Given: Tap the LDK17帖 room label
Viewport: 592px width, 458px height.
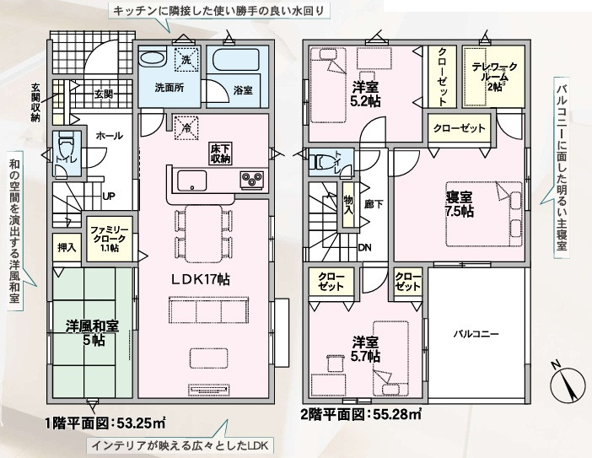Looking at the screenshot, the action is coord(202,279).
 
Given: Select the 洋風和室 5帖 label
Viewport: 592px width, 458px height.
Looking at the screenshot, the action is coord(93,333).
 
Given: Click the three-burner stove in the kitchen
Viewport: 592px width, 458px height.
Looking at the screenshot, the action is coord(252,179).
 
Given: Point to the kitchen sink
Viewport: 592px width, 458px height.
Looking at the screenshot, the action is coord(192,181).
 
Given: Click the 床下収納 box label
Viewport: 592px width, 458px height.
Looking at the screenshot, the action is coord(220,153).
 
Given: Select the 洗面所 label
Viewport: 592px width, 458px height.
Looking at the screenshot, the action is coord(170,88).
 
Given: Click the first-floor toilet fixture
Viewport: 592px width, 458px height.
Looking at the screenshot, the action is coord(67,147).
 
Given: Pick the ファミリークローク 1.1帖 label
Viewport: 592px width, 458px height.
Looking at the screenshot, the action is coord(109,239).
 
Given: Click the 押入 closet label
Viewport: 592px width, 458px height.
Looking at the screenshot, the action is coord(67,248).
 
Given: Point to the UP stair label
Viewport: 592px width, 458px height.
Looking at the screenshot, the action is coord(109,197).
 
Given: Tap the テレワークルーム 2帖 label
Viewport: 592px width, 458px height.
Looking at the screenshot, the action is coord(494,77).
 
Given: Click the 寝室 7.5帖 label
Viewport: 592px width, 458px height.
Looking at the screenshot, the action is coord(459,204).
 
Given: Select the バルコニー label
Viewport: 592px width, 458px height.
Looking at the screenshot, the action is coord(476,334).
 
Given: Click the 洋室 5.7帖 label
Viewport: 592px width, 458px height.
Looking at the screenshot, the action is coord(366,350).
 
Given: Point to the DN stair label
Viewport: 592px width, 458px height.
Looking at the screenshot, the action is coord(364,248).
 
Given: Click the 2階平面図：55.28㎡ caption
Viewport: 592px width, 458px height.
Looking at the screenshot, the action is coord(361,414).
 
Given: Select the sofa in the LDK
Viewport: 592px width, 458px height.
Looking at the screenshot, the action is coord(209,310).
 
